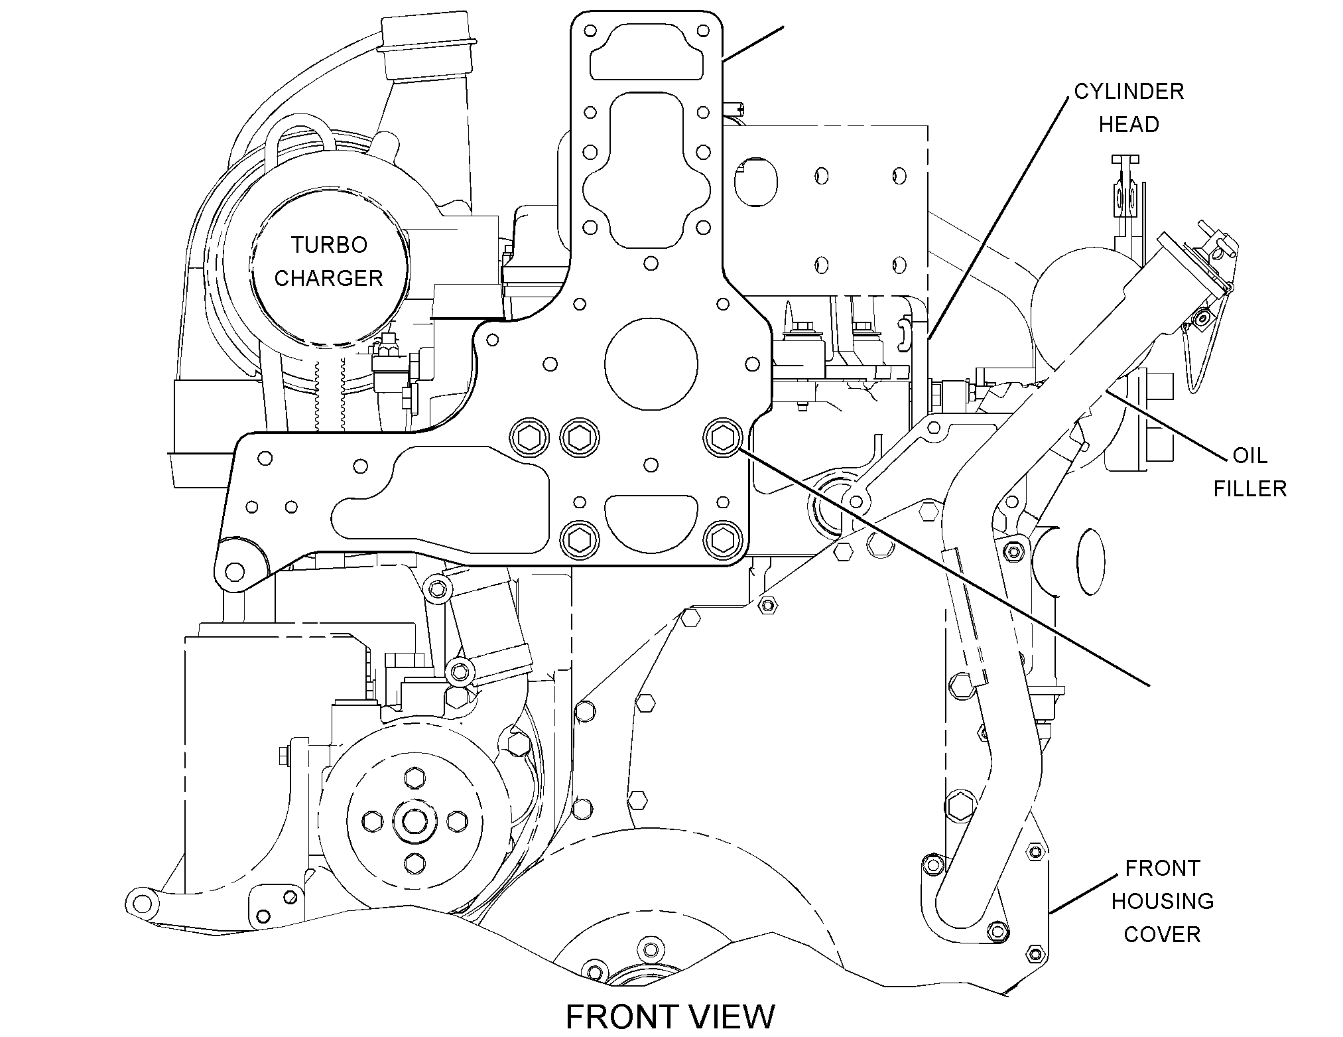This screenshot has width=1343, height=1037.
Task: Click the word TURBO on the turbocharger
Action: tap(329, 245)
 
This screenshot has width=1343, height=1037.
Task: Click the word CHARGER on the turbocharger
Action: tap(329, 278)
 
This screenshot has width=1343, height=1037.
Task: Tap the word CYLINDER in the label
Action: tap(1129, 92)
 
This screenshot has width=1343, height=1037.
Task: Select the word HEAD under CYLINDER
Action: tap(1129, 125)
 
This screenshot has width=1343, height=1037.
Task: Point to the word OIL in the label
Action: tap(1249, 456)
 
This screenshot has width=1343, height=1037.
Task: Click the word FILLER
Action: tap(1249, 489)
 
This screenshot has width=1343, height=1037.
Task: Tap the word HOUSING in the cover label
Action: tap(1162, 901)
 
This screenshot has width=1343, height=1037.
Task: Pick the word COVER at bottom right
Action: tap(1162, 934)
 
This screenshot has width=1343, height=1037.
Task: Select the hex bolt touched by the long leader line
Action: tap(722, 437)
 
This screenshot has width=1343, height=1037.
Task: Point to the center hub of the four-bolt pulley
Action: tap(414, 820)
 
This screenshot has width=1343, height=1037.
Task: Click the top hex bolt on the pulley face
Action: tap(414, 778)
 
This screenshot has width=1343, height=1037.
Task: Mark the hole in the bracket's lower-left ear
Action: tap(234, 570)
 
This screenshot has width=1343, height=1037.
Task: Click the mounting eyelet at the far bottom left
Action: tap(143, 903)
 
